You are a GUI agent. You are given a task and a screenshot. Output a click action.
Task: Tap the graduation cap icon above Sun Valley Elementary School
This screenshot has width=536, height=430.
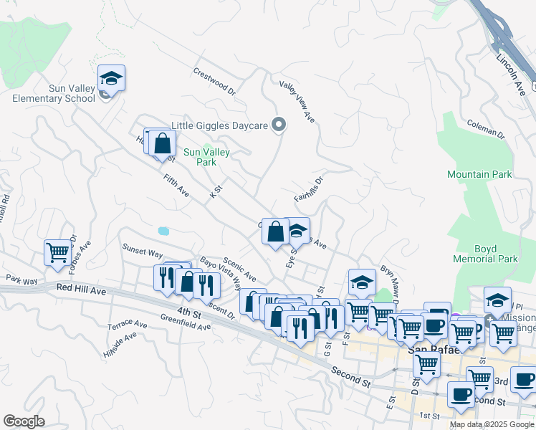(x=112, y=77)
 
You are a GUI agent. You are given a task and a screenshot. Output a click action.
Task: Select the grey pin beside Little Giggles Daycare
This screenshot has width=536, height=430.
(x=280, y=125)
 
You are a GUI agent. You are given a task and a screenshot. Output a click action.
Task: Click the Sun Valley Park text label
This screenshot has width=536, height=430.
(x=206, y=157)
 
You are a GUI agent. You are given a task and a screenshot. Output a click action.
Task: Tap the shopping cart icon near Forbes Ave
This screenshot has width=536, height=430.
(x=57, y=252)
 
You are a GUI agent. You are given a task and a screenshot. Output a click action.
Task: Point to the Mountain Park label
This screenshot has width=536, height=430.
(x=479, y=174)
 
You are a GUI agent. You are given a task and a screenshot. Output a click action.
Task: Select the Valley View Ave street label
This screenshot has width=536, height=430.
(x=297, y=100)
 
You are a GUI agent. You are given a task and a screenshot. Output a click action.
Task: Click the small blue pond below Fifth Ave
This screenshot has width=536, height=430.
(x=163, y=231)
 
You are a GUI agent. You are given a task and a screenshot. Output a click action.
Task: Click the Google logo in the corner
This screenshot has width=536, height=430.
(x=24, y=421)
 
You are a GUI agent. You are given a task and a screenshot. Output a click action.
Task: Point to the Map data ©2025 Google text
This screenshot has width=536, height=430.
(x=491, y=424)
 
